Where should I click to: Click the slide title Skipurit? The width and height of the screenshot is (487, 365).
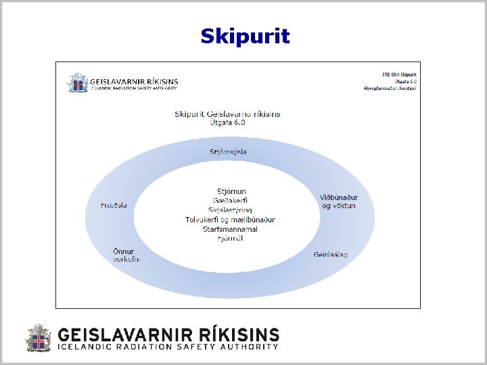(x=245, y=36)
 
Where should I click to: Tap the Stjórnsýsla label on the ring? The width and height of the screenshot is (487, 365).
(x=227, y=152)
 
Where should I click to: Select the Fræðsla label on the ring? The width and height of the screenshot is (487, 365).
(x=114, y=205)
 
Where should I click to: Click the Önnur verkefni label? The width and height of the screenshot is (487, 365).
(x=125, y=255)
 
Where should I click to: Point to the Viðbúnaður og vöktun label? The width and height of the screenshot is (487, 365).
(x=338, y=201)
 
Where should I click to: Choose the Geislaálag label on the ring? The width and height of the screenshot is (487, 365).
(x=331, y=255)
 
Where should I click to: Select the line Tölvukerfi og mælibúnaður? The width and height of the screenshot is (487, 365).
(x=231, y=220)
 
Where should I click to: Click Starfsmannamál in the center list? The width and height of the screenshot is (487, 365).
(x=231, y=229)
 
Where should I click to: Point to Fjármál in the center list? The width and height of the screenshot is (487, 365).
(x=231, y=239)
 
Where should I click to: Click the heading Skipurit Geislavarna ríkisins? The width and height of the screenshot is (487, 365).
(x=227, y=114)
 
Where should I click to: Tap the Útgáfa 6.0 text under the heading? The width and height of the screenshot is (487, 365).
(x=227, y=123)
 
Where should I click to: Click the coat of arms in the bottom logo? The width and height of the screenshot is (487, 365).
(x=39, y=338)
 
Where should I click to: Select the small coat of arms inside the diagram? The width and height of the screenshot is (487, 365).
(x=77, y=82)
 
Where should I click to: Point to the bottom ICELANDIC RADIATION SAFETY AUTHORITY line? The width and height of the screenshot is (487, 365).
(x=168, y=347)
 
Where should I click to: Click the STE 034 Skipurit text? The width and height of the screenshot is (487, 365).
(x=399, y=74)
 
